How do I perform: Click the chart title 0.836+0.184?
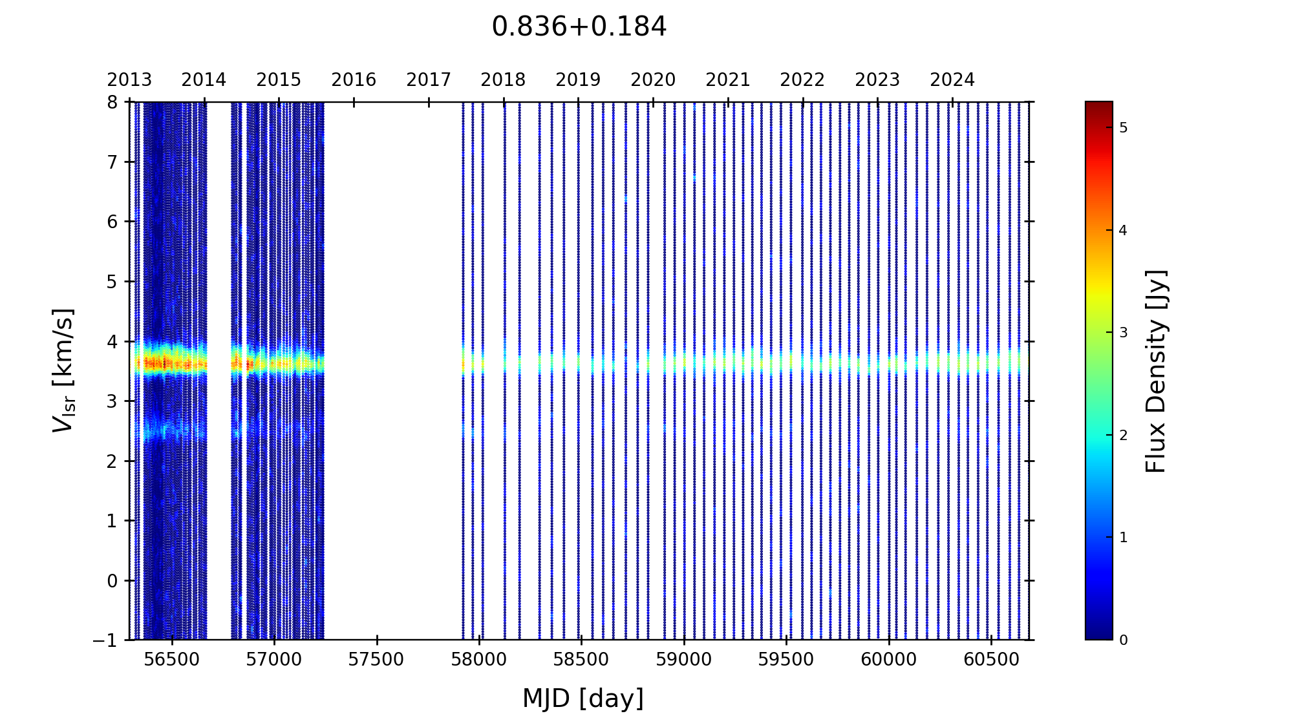click(x=579, y=27)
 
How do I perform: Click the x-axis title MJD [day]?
click(x=582, y=699)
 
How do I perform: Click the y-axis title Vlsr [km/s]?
click(x=63, y=370)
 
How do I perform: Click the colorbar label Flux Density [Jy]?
click(x=1155, y=371)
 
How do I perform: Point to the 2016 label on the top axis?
click(x=354, y=80)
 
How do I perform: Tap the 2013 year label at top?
click(x=129, y=80)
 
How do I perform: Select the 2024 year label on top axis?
click(x=952, y=80)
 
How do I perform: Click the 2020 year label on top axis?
click(x=653, y=80)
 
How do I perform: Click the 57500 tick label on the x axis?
click(x=376, y=660)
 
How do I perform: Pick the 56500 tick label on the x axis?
click(x=172, y=660)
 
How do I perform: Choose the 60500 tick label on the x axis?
click(x=991, y=660)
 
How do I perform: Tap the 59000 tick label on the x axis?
click(x=684, y=660)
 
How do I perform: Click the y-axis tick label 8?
click(x=112, y=102)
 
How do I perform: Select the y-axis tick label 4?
click(x=112, y=341)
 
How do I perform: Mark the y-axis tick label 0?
click(x=112, y=580)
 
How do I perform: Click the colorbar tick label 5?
click(x=1123, y=128)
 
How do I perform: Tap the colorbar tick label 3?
click(x=1123, y=333)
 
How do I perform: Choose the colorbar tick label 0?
click(x=1123, y=640)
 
